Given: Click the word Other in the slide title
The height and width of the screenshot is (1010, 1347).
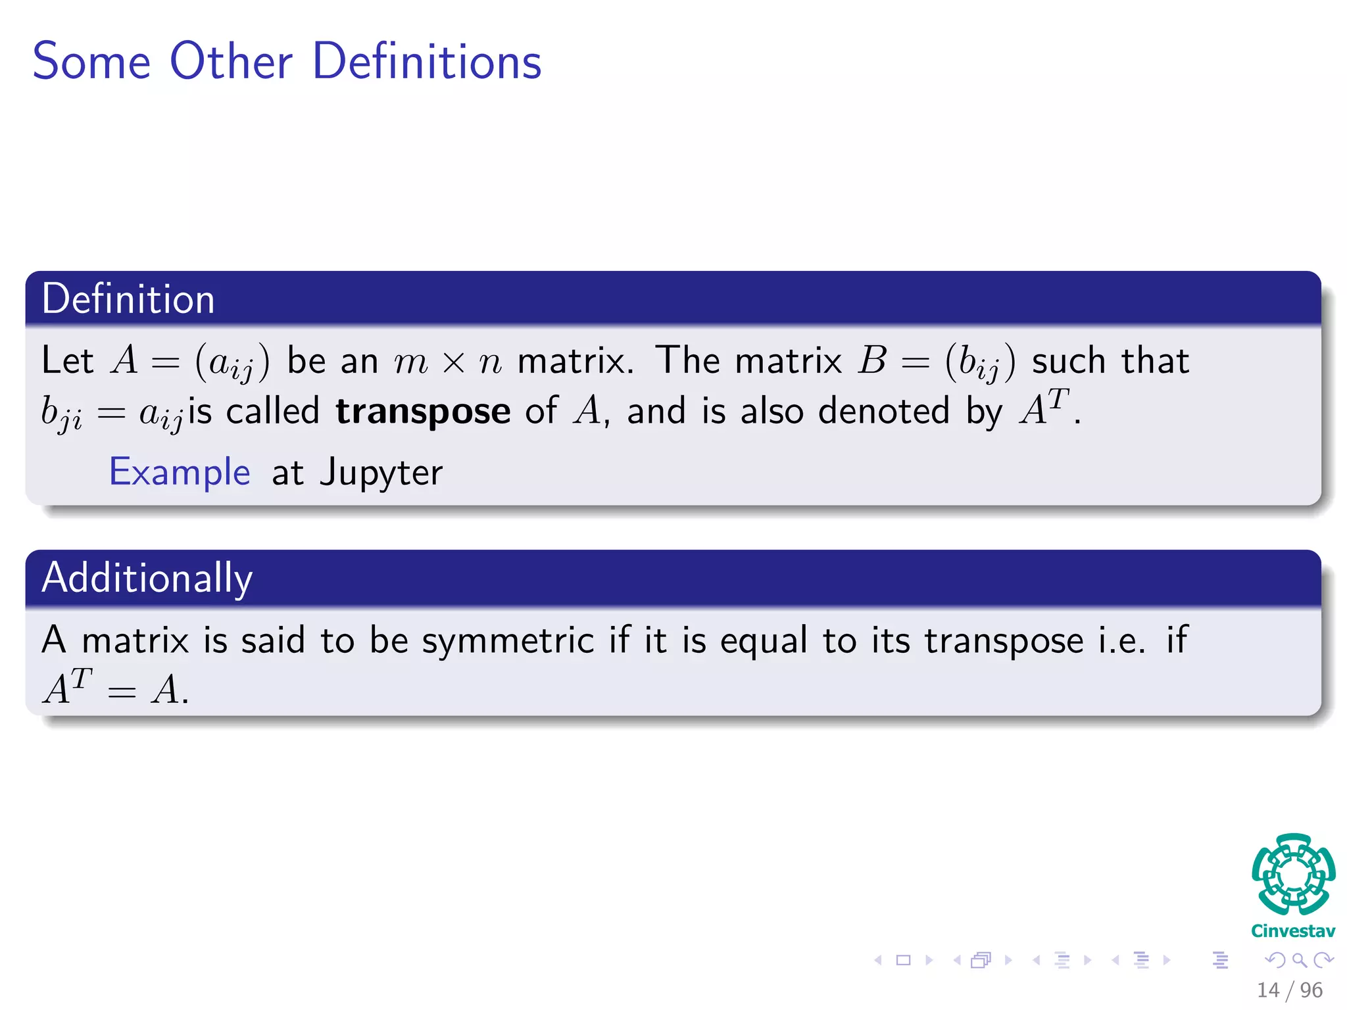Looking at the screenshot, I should click(x=231, y=61).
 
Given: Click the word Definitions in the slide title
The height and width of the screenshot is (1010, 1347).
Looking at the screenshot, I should click(x=427, y=61).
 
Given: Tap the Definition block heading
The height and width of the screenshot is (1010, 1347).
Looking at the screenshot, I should click(x=128, y=299).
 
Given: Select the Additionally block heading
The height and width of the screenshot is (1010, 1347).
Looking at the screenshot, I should click(x=147, y=578).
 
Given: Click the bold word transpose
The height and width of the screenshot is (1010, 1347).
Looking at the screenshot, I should click(x=423, y=412).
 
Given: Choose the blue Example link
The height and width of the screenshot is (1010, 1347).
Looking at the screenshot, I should click(x=180, y=472).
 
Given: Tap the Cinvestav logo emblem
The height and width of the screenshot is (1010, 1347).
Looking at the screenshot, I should click(x=1293, y=875).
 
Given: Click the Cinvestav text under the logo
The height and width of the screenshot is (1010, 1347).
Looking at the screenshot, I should click(x=1293, y=931).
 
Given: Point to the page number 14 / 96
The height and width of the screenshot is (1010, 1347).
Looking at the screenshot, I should click(x=1290, y=990).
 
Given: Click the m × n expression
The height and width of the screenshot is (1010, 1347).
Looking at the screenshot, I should click(x=448, y=362).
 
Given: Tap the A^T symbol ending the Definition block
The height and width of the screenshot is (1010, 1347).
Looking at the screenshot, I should click(x=1044, y=408).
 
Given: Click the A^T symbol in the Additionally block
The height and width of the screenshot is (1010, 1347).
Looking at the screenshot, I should click(x=67, y=687).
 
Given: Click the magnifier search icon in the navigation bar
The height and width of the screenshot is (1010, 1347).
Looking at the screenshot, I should click(x=1299, y=960).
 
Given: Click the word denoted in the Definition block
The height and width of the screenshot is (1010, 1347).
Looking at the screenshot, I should click(x=884, y=412).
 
